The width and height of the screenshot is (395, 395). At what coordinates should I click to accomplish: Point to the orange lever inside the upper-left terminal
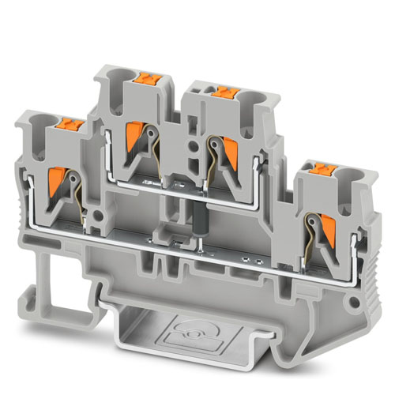point(134,129)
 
